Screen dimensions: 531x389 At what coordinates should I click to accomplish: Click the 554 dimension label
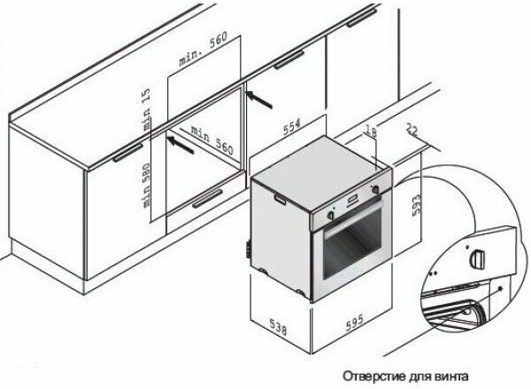[x=291, y=126]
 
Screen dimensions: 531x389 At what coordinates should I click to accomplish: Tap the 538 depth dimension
[x=279, y=327]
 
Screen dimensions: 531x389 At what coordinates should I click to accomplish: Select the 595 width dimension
[x=355, y=322]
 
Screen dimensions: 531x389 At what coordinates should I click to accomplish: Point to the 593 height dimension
[x=416, y=204]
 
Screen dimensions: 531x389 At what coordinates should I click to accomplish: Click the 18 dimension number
[x=371, y=131]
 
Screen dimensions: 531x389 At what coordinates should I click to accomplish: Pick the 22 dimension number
[x=412, y=130]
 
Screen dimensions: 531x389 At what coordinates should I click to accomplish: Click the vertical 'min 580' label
[x=146, y=186]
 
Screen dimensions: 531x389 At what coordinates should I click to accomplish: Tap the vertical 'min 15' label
[x=147, y=110]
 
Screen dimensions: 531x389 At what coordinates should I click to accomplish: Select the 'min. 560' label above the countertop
[x=204, y=49]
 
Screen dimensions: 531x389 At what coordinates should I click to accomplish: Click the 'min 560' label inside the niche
[x=212, y=140]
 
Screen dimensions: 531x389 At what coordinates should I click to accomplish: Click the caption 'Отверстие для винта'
[x=405, y=376]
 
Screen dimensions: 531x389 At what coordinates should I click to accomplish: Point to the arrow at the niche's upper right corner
[x=259, y=99]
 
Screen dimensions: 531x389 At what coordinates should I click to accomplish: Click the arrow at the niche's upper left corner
[x=181, y=145]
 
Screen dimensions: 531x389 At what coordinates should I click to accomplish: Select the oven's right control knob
[x=375, y=189]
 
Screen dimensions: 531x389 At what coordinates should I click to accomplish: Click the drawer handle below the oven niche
[x=208, y=199]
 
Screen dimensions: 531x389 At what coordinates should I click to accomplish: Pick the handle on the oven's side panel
[x=280, y=199]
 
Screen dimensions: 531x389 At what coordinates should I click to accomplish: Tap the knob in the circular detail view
[x=476, y=258]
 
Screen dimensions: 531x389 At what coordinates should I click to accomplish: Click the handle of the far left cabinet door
[x=128, y=153]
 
